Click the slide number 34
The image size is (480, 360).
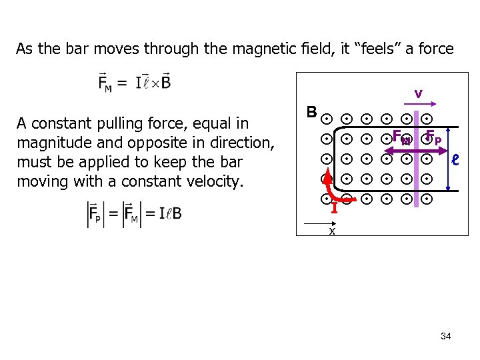tap(446, 337)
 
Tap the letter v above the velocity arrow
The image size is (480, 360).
tap(418, 94)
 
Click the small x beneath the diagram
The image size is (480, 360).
tap(331, 231)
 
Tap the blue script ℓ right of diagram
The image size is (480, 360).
tap(455, 161)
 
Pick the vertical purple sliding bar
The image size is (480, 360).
tap(417, 160)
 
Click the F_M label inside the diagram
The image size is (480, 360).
tap(401, 137)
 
